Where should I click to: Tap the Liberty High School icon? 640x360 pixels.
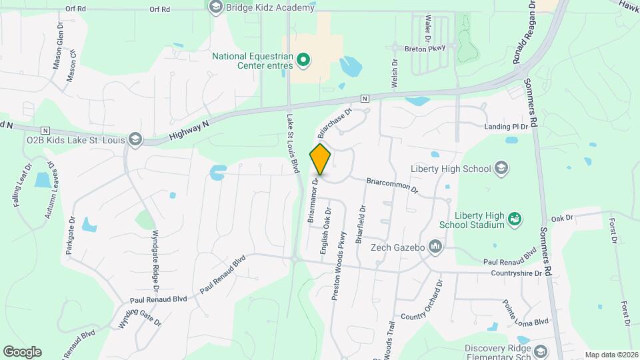coord(501,168)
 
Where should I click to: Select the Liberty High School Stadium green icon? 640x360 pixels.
coord(513,218)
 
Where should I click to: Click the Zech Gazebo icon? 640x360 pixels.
coord(435,247)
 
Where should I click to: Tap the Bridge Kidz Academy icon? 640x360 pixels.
coord(215,7)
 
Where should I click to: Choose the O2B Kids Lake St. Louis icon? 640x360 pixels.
coord(135,139)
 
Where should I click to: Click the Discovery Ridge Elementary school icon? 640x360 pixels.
coord(539,351)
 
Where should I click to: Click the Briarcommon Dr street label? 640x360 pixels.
coord(392,185)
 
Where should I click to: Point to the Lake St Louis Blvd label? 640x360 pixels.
coord(291,144)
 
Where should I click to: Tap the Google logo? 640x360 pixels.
coord(22,351)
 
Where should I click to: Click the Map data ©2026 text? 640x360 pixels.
coord(611,355)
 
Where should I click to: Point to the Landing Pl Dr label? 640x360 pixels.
coord(506,126)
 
